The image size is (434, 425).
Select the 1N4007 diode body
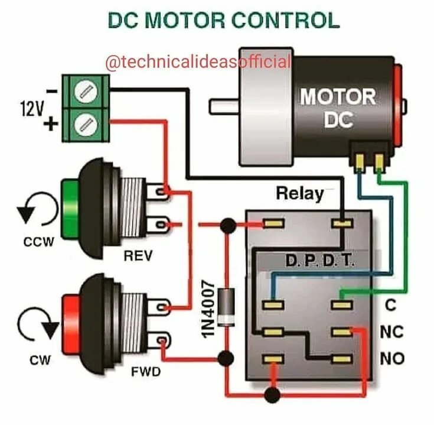(225, 305)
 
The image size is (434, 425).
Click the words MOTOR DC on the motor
(338, 108)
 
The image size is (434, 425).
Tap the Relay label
(300, 193)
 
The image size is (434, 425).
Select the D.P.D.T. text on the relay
(320, 261)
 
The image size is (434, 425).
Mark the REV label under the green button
(138, 255)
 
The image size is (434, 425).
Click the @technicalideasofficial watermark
(197, 61)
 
